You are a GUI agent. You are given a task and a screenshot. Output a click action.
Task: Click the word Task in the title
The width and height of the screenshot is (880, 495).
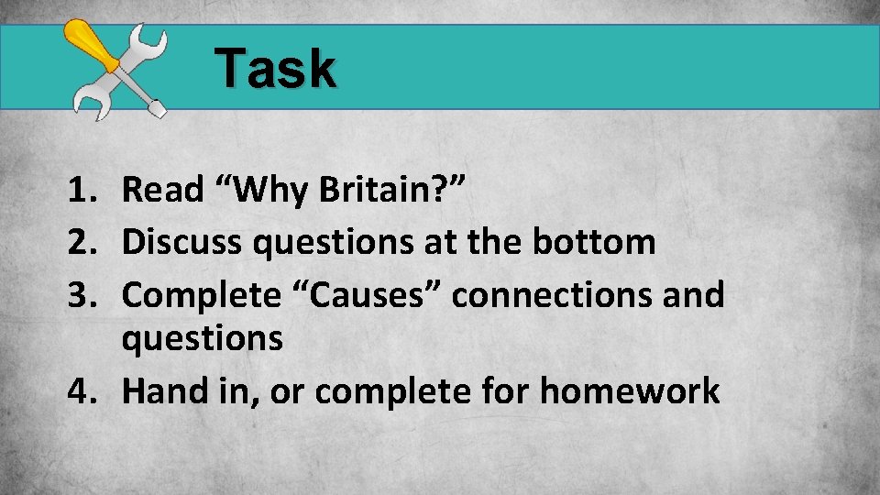(276, 69)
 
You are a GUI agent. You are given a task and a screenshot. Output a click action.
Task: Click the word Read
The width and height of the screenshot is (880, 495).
(162, 190)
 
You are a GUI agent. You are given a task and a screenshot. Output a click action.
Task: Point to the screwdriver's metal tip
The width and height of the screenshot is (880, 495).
(157, 109)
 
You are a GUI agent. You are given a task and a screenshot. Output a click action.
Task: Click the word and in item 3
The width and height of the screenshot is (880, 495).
(694, 295)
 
